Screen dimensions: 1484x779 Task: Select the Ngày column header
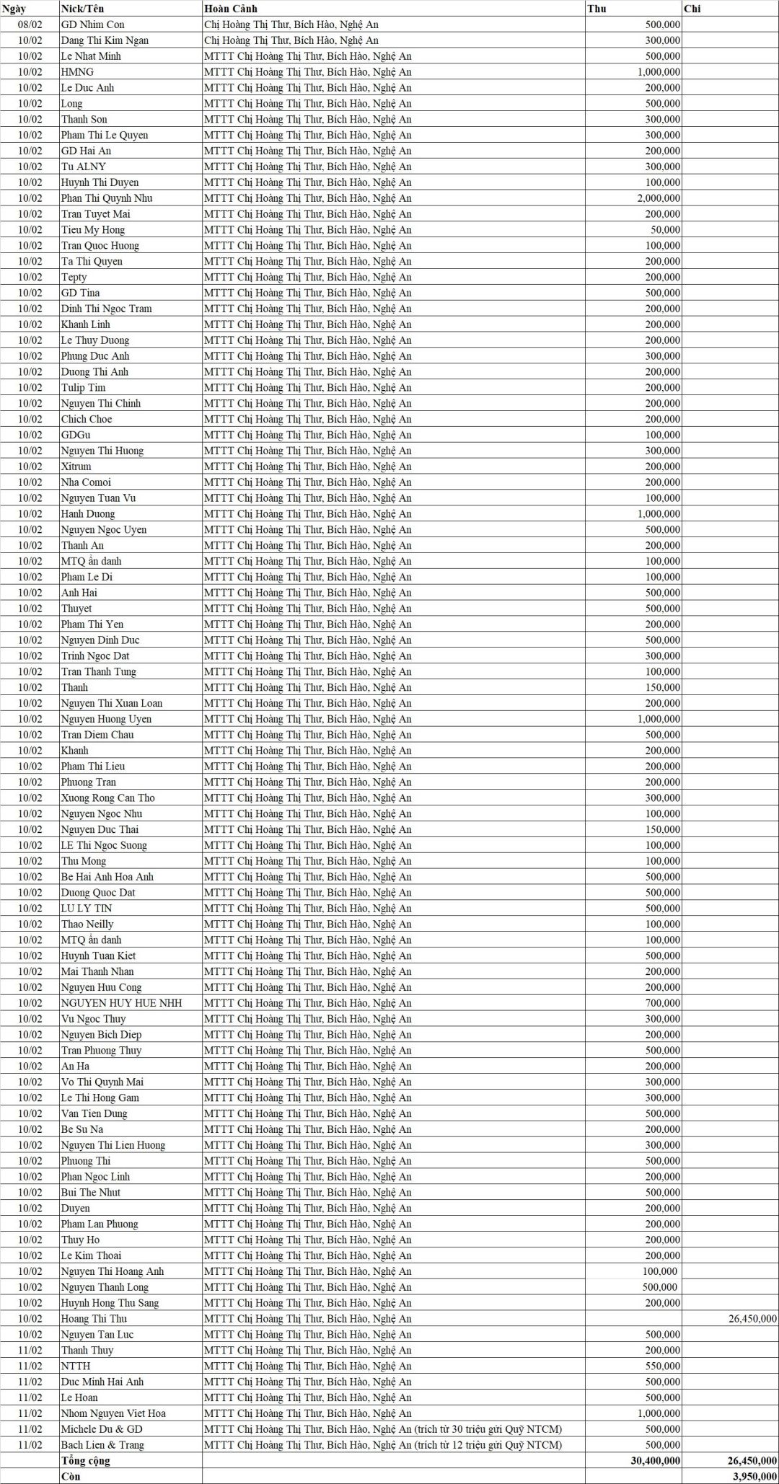[x=14, y=9]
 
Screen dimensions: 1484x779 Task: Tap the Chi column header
[x=692, y=9]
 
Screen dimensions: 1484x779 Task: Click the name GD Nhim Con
[x=92, y=25]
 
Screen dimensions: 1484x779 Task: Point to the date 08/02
[x=30, y=25]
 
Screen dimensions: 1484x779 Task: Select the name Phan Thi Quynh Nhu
[x=106, y=198]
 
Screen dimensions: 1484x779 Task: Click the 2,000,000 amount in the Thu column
[x=658, y=198]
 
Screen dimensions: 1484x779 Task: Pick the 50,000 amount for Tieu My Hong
[x=664, y=230]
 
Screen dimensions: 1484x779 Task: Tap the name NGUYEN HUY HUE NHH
[x=121, y=1003]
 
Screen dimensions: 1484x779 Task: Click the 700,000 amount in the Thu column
[x=662, y=1003]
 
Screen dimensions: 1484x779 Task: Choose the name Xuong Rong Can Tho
[x=107, y=798]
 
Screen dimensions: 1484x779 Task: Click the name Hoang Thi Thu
[x=94, y=1319]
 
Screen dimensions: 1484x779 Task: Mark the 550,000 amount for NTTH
[x=662, y=1366]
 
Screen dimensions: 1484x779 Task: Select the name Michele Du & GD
[x=102, y=1429]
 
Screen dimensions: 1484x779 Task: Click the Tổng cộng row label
[x=86, y=1461]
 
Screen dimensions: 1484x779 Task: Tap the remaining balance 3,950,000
[x=754, y=1476]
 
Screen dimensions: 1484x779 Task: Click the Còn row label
[x=71, y=1476]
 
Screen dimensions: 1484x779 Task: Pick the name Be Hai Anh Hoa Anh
[x=107, y=877]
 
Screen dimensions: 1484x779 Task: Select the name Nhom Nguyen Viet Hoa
[x=113, y=1413]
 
